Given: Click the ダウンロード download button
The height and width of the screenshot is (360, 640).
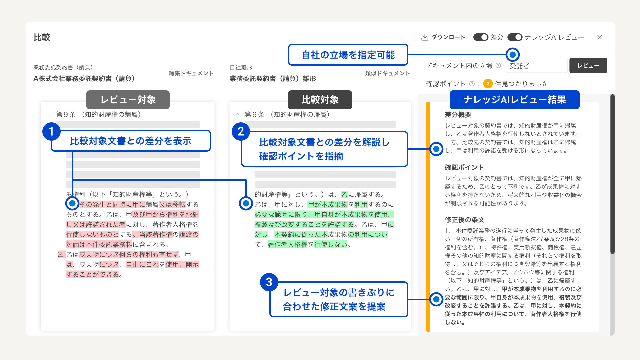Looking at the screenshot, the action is tap(443, 37).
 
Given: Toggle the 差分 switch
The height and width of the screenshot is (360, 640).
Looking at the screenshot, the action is tap(481, 37).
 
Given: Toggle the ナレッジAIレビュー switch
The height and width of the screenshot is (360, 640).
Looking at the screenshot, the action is tap(515, 37).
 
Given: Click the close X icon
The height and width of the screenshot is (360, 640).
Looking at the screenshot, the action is tap(599, 37).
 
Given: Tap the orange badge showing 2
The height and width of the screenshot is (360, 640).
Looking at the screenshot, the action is tap(488, 84).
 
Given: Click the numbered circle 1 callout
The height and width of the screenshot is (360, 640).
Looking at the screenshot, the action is tap(51, 131).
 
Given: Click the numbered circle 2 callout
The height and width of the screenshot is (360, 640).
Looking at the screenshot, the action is tap(241, 131).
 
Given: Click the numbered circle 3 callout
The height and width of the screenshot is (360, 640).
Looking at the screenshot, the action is tap(269, 282).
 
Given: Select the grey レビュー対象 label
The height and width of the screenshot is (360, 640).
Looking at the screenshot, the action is tap(128, 100).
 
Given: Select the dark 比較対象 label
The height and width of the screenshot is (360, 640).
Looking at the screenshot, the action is tap(320, 100).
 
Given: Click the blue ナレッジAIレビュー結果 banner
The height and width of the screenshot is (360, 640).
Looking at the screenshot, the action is tap(514, 100).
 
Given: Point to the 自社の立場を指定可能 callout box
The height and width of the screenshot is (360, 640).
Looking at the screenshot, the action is tap(348, 55).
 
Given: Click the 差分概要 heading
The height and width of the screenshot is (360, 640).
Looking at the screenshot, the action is tap(458, 115).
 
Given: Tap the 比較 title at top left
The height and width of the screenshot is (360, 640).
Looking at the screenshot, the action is tap(42, 37).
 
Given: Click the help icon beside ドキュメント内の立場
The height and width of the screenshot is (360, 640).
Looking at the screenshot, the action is tap(498, 65).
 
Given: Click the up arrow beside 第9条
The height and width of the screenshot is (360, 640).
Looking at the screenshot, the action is tap(237, 115).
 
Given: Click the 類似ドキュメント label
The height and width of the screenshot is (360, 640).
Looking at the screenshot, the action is tap(387, 73).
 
